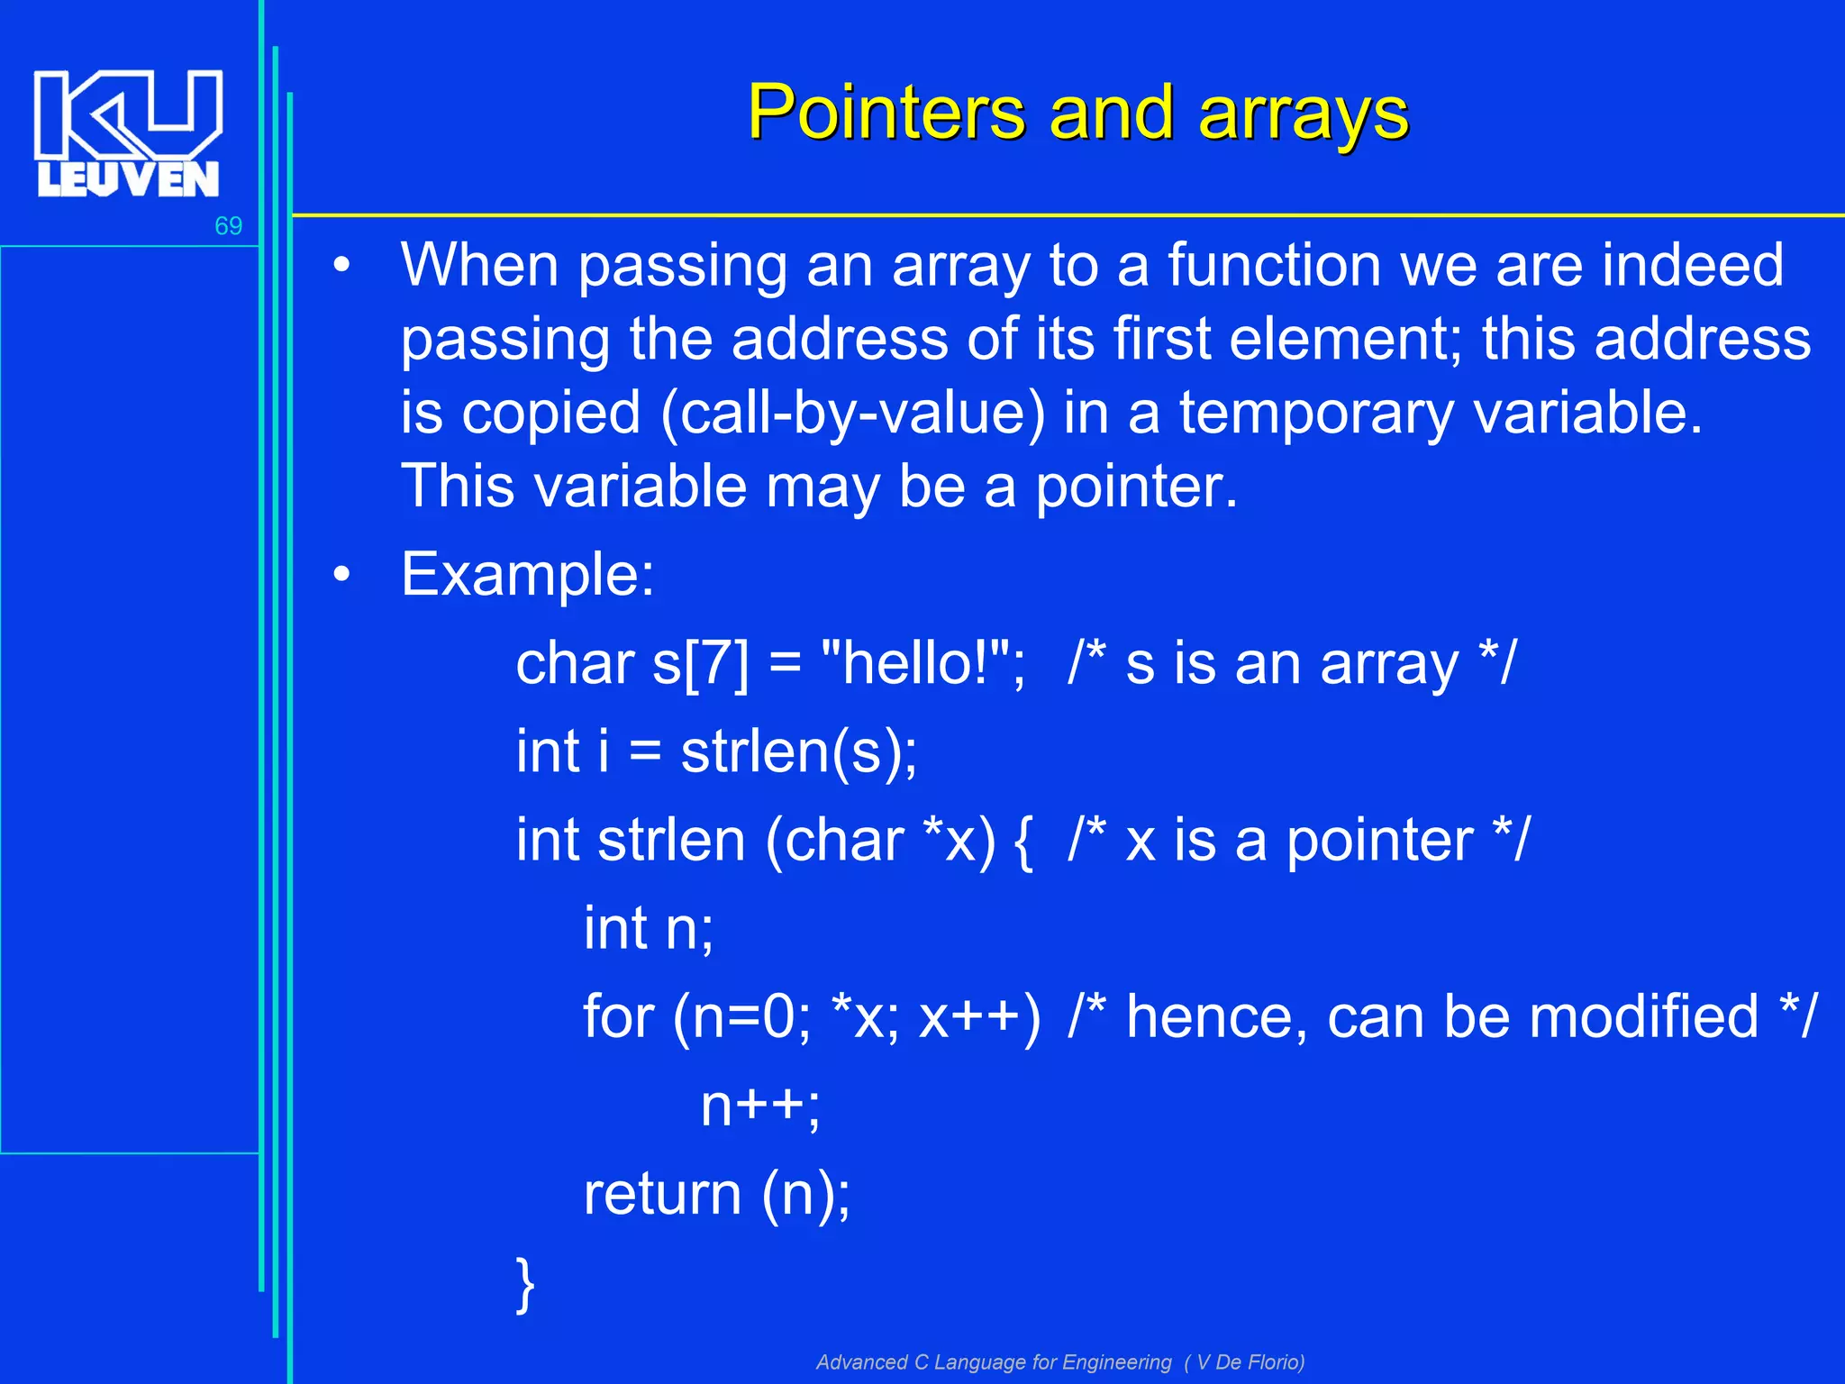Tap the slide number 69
click(x=228, y=226)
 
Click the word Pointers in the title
click(x=886, y=114)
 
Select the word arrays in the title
click(x=1303, y=114)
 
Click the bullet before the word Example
click(x=341, y=575)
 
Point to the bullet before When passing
click(x=341, y=266)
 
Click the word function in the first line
click(x=1274, y=266)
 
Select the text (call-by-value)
click(x=852, y=414)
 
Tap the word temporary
click(x=1316, y=414)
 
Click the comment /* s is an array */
click(x=1292, y=664)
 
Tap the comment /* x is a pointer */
click(x=1297, y=841)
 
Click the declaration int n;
click(x=648, y=928)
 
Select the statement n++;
click(x=759, y=1106)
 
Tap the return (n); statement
click(x=716, y=1194)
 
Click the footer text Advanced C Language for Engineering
click(x=994, y=1361)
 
